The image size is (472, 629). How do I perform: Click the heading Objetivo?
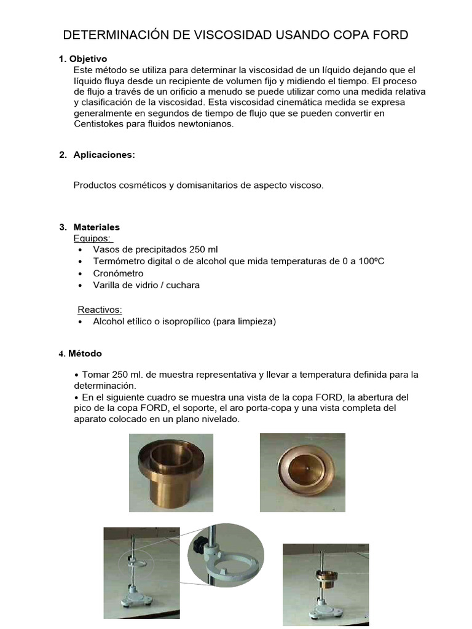(88, 59)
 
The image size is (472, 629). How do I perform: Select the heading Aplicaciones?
(104, 155)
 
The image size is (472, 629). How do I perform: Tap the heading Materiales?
(96, 227)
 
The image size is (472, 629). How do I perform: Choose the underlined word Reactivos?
(100, 309)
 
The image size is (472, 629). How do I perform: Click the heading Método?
(85, 354)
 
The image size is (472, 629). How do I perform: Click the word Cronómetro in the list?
(118, 273)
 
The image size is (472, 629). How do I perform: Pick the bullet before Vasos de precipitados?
(81, 250)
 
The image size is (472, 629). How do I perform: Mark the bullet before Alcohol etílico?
(81, 321)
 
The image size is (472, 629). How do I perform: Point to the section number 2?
(62, 155)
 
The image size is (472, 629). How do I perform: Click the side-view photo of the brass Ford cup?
(171, 472)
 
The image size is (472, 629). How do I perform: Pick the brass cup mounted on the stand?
(324, 577)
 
